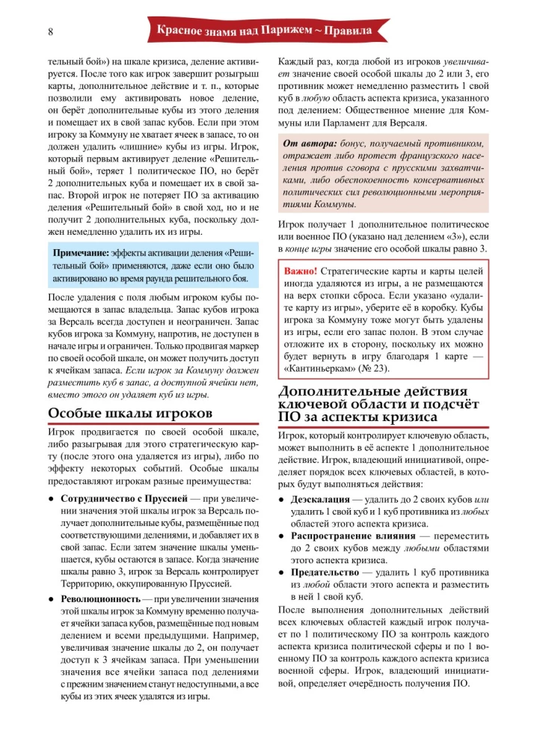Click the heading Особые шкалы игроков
(x=131, y=413)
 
